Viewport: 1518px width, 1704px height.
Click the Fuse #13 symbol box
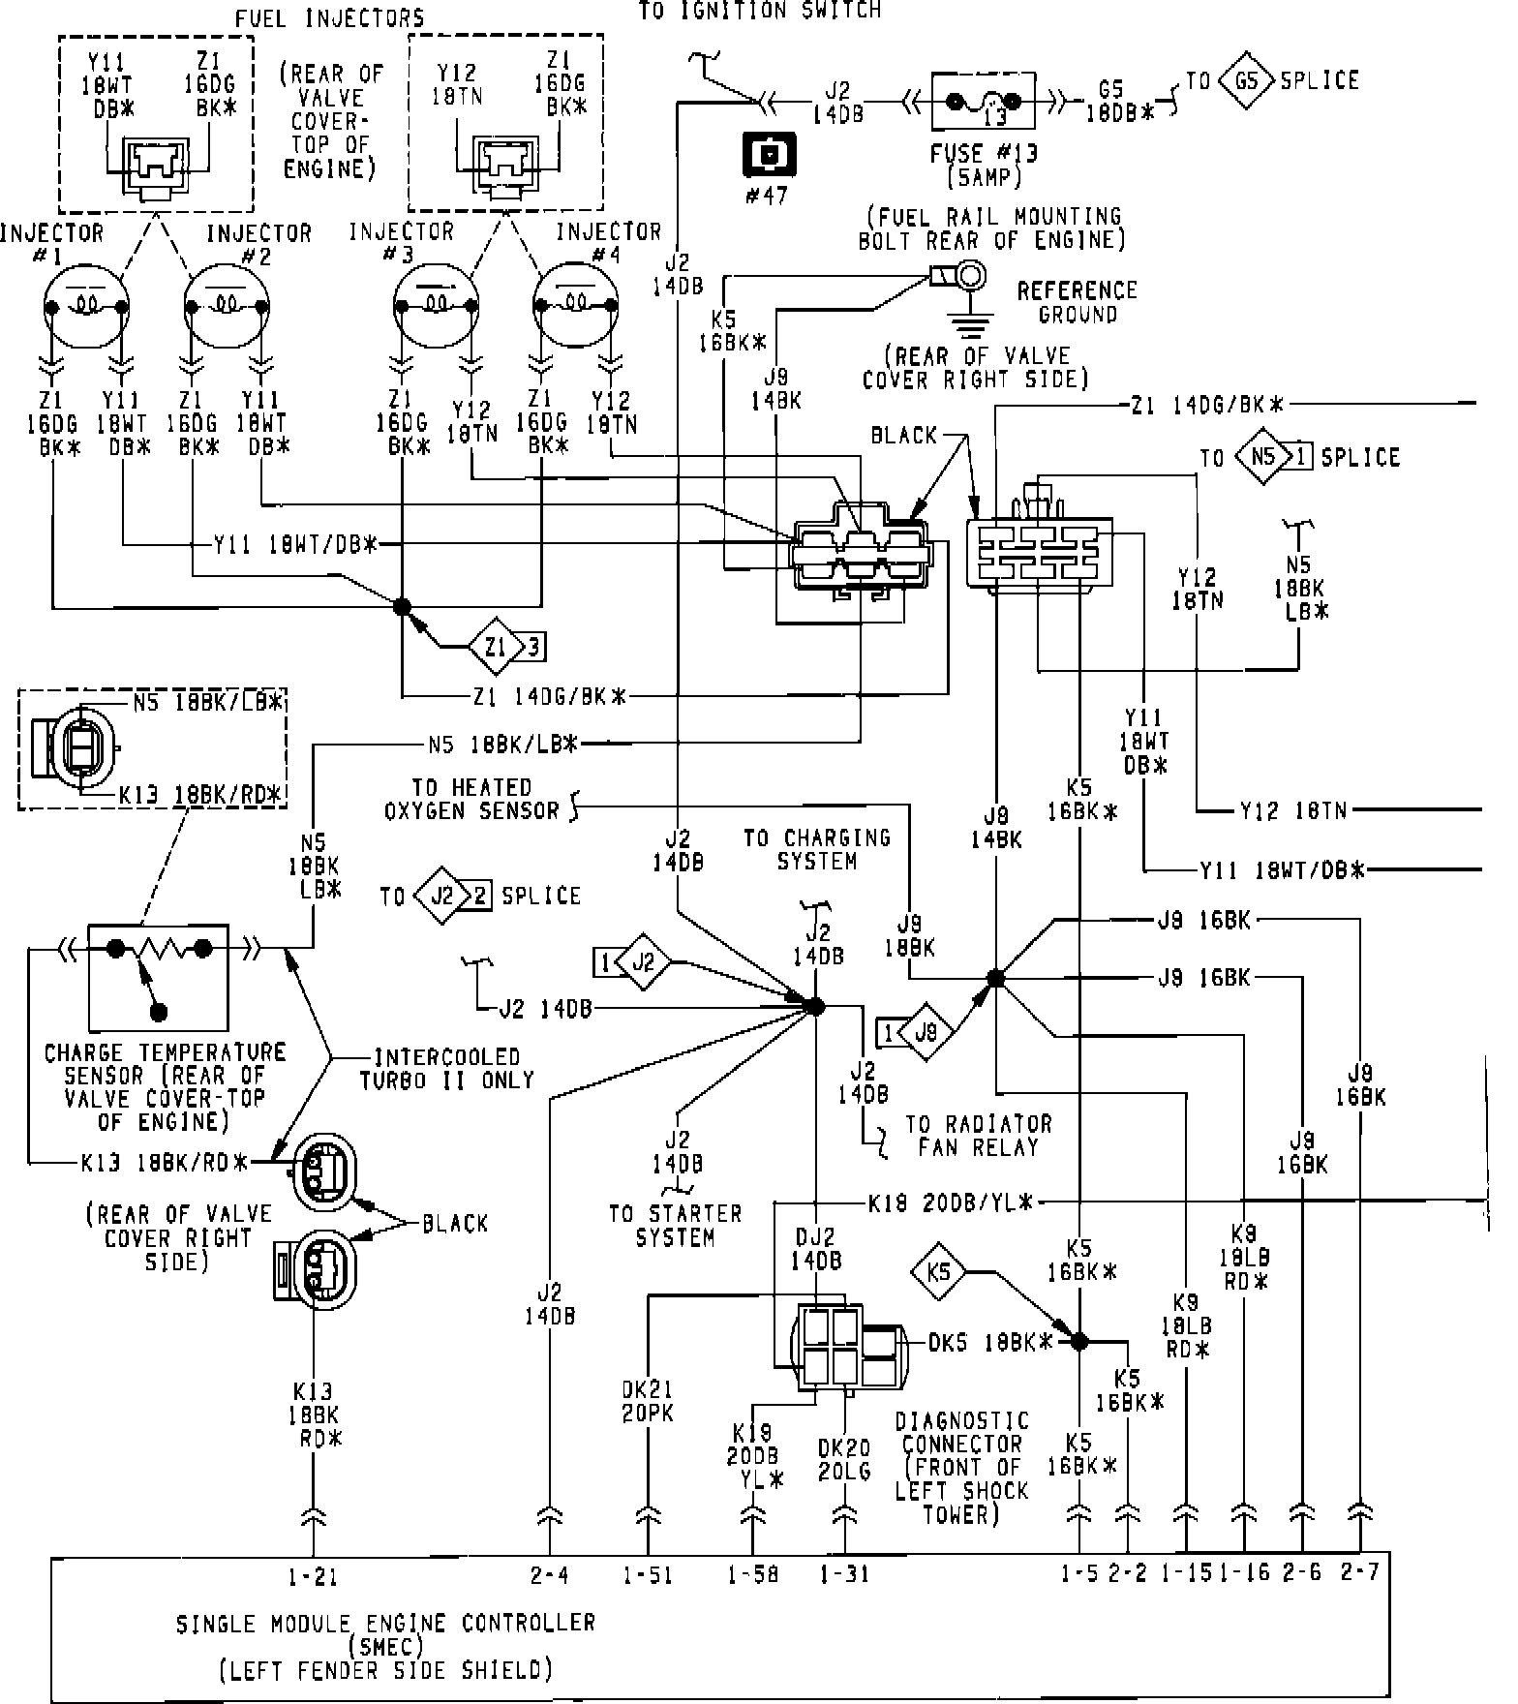(x=983, y=101)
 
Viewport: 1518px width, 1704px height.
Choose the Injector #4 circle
(x=575, y=307)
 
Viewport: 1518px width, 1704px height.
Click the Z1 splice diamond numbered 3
(x=496, y=646)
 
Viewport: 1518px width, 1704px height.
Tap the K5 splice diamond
(x=938, y=1270)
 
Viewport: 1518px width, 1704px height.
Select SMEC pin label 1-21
(x=312, y=1577)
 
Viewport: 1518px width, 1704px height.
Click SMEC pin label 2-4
(x=549, y=1577)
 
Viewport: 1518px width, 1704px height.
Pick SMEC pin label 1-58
(x=752, y=1577)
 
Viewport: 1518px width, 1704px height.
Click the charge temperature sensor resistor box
(x=159, y=977)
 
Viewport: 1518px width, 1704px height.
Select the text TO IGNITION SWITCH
(x=760, y=12)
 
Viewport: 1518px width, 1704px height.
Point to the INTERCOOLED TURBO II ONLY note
(x=446, y=1069)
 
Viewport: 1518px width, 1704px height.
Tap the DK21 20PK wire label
(x=647, y=1401)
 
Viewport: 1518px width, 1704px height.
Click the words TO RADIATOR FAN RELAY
(x=978, y=1136)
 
